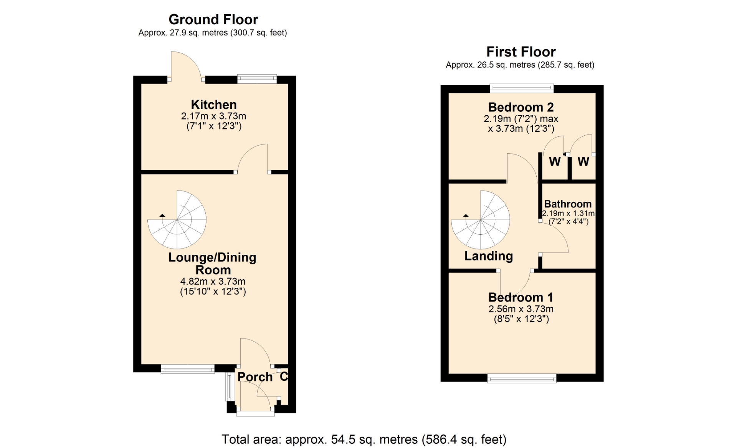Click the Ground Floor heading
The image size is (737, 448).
pos(213,20)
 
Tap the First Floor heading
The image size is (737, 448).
pos(521,52)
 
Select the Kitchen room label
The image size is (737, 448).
pos(214,105)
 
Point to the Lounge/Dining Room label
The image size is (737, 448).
pos(212,264)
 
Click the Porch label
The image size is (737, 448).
pos(255,377)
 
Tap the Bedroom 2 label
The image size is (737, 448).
pos(521,107)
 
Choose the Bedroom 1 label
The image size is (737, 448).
pos(521,297)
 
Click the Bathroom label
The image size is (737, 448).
pos(568,204)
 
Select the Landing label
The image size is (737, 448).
pos(489,256)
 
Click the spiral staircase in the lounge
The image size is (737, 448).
pos(177,220)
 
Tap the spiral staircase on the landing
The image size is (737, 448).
pos(481,220)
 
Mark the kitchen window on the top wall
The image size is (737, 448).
pos(257,79)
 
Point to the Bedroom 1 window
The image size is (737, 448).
pos(522,378)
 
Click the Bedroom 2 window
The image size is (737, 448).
pos(522,88)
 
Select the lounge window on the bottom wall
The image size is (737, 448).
pos(187,369)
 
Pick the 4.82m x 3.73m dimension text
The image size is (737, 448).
pos(213,282)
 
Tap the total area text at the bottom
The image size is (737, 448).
pos(364,440)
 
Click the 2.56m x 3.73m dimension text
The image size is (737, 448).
pos(521,309)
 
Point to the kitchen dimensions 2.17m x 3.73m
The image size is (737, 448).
pos(213,116)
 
